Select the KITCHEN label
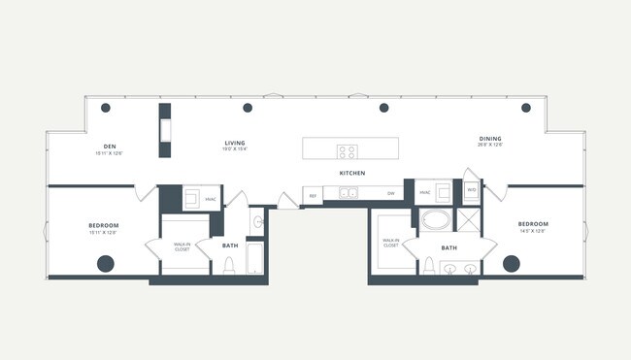coord(351,173)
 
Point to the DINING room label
coord(490,139)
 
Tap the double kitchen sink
coord(346,194)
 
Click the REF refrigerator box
coord(313,195)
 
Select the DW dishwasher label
coord(390,194)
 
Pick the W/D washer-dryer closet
coord(471,190)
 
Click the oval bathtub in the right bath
coord(435,219)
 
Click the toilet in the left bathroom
coord(230,266)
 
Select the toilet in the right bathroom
coord(428,266)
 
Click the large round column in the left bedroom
coord(106,262)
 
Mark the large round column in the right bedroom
coord(511,262)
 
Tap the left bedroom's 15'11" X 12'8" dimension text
coord(103,233)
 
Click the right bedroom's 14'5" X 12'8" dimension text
coord(533,231)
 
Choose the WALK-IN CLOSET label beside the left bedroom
coord(182,247)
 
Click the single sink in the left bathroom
coord(258,223)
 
